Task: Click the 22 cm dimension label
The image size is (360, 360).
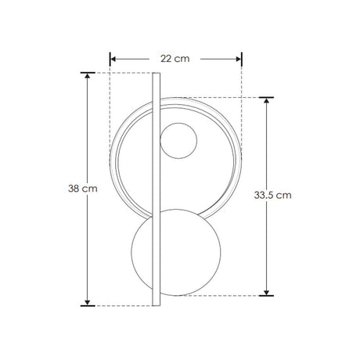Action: (x=175, y=58)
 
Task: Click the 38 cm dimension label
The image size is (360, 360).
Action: (x=83, y=189)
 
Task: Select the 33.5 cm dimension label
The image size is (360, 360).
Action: (x=273, y=196)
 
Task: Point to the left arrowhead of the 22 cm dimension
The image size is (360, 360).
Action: (x=113, y=58)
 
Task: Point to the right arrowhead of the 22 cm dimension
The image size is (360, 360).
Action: (x=239, y=58)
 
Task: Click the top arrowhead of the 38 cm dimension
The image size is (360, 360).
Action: (x=87, y=77)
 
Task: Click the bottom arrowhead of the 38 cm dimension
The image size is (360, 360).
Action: (x=87, y=301)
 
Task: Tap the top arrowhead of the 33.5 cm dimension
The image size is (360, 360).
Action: (x=268, y=101)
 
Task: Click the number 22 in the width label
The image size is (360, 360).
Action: (x=167, y=58)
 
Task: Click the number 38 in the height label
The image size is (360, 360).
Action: (x=74, y=189)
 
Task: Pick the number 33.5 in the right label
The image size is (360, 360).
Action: (x=265, y=196)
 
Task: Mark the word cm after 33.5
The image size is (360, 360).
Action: (x=284, y=196)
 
